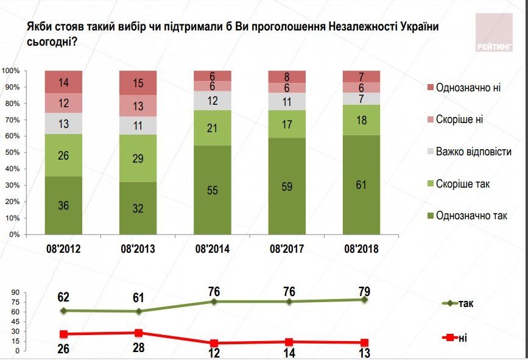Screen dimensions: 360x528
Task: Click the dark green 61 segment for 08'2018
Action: click(x=362, y=185)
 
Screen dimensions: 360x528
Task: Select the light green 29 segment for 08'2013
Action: click(x=138, y=158)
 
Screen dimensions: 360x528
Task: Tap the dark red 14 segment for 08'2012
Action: click(x=63, y=82)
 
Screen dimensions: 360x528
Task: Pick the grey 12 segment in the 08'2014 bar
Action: click(x=213, y=101)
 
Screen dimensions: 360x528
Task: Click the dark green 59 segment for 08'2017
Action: click(x=287, y=186)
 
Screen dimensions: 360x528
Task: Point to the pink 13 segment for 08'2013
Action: click(x=138, y=105)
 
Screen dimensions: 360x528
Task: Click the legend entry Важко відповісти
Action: click(x=473, y=151)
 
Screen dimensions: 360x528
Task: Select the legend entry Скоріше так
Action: click(x=463, y=183)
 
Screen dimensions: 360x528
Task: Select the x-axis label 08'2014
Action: click(x=213, y=249)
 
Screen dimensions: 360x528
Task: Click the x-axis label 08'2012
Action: click(x=63, y=249)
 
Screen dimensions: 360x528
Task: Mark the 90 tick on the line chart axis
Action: click(x=17, y=293)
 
